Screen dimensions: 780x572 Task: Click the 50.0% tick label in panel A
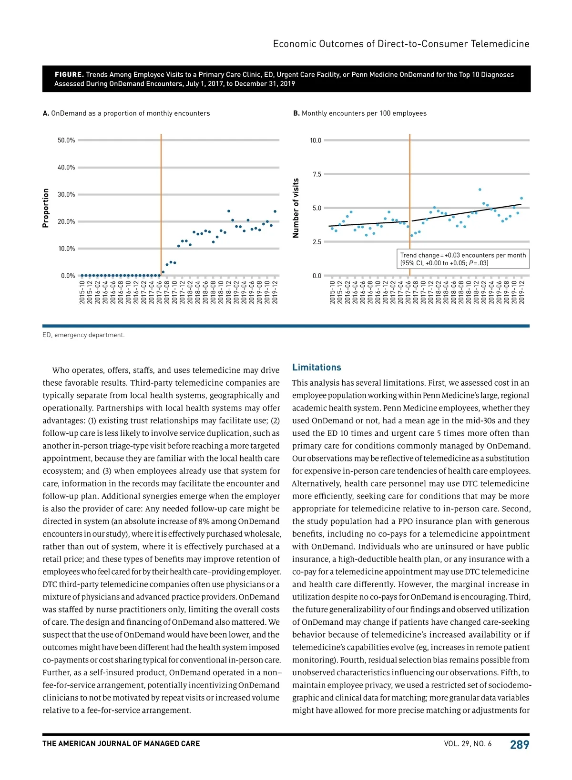[66, 140]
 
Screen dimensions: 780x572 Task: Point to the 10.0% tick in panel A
[66, 249]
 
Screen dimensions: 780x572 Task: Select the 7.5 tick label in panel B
[317, 174]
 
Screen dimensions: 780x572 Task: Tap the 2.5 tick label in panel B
[317, 242]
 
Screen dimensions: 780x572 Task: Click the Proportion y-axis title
[46, 208]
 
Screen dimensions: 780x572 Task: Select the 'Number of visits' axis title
[296, 208]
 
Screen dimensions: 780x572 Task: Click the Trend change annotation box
[463, 259]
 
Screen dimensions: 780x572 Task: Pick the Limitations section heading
[317, 367]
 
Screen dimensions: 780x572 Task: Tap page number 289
[520, 745]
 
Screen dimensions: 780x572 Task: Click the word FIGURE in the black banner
[69, 75]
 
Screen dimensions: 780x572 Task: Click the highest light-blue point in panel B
[480, 190]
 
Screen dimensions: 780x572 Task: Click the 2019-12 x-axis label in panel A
[275, 292]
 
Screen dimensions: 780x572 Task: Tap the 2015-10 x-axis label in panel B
[332, 292]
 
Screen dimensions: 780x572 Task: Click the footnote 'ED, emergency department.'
[83, 335]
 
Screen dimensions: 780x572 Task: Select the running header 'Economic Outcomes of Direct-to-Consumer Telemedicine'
[401, 44]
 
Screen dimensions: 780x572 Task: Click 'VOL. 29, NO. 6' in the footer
[468, 744]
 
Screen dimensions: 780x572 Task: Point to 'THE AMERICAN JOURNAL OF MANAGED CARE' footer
[121, 744]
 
